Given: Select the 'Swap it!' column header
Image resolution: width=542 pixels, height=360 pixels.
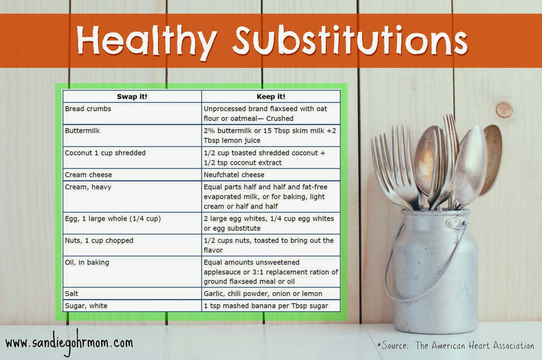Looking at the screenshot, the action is [132, 97].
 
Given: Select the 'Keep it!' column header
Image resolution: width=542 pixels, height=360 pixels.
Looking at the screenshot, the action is [271, 97].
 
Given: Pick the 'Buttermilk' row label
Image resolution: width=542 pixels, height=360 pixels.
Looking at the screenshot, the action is [82, 131].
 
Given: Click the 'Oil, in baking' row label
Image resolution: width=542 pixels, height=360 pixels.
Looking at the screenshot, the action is [87, 262].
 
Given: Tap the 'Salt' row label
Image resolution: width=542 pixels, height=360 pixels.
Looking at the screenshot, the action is [71, 294].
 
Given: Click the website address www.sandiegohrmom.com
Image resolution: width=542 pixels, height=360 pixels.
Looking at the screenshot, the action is [69, 343].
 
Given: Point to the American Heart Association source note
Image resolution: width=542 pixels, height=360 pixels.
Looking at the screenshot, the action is [456, 345].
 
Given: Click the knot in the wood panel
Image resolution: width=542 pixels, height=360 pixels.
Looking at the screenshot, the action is [504, 110].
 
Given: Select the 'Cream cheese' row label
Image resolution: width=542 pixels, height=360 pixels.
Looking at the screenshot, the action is [88, 175].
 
